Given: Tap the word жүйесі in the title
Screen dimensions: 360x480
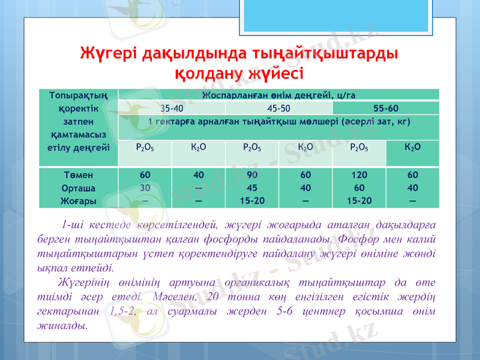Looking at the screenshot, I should pyautogui.click(x=274, y=74).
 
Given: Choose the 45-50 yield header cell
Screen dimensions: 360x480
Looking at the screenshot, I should pyautogui.click(x=279, y=109).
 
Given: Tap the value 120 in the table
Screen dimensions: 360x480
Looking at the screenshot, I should pyautogui.click(x=359, y=175).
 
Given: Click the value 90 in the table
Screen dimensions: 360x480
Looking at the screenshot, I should pyautogui.click(x=252, y=175).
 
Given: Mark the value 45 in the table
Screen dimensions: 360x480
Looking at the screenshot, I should pyautogui.click(x=252, y=187).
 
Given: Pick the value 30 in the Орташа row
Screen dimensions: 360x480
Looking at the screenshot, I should pyautogui.click(x=145, y=187).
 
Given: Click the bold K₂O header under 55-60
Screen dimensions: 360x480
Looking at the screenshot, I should pyautogui.click(x=412, y=147).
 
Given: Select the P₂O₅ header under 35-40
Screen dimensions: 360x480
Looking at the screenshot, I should pyautogui.click(x=145, y=147).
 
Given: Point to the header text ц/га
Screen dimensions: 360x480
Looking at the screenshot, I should pyautogui.click(x=346, y=95).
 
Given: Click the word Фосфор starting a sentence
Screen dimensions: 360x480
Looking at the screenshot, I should pyautogui.click(x=356, y=240).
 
